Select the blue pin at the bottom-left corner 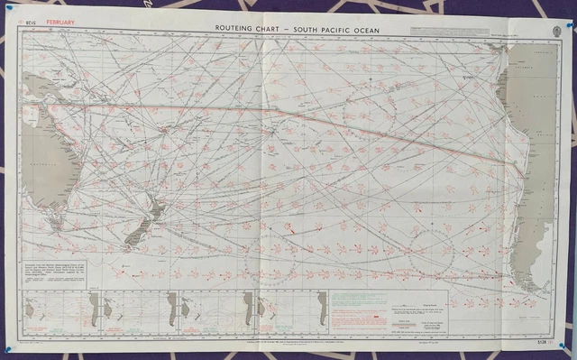click(x=6, y=349)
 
